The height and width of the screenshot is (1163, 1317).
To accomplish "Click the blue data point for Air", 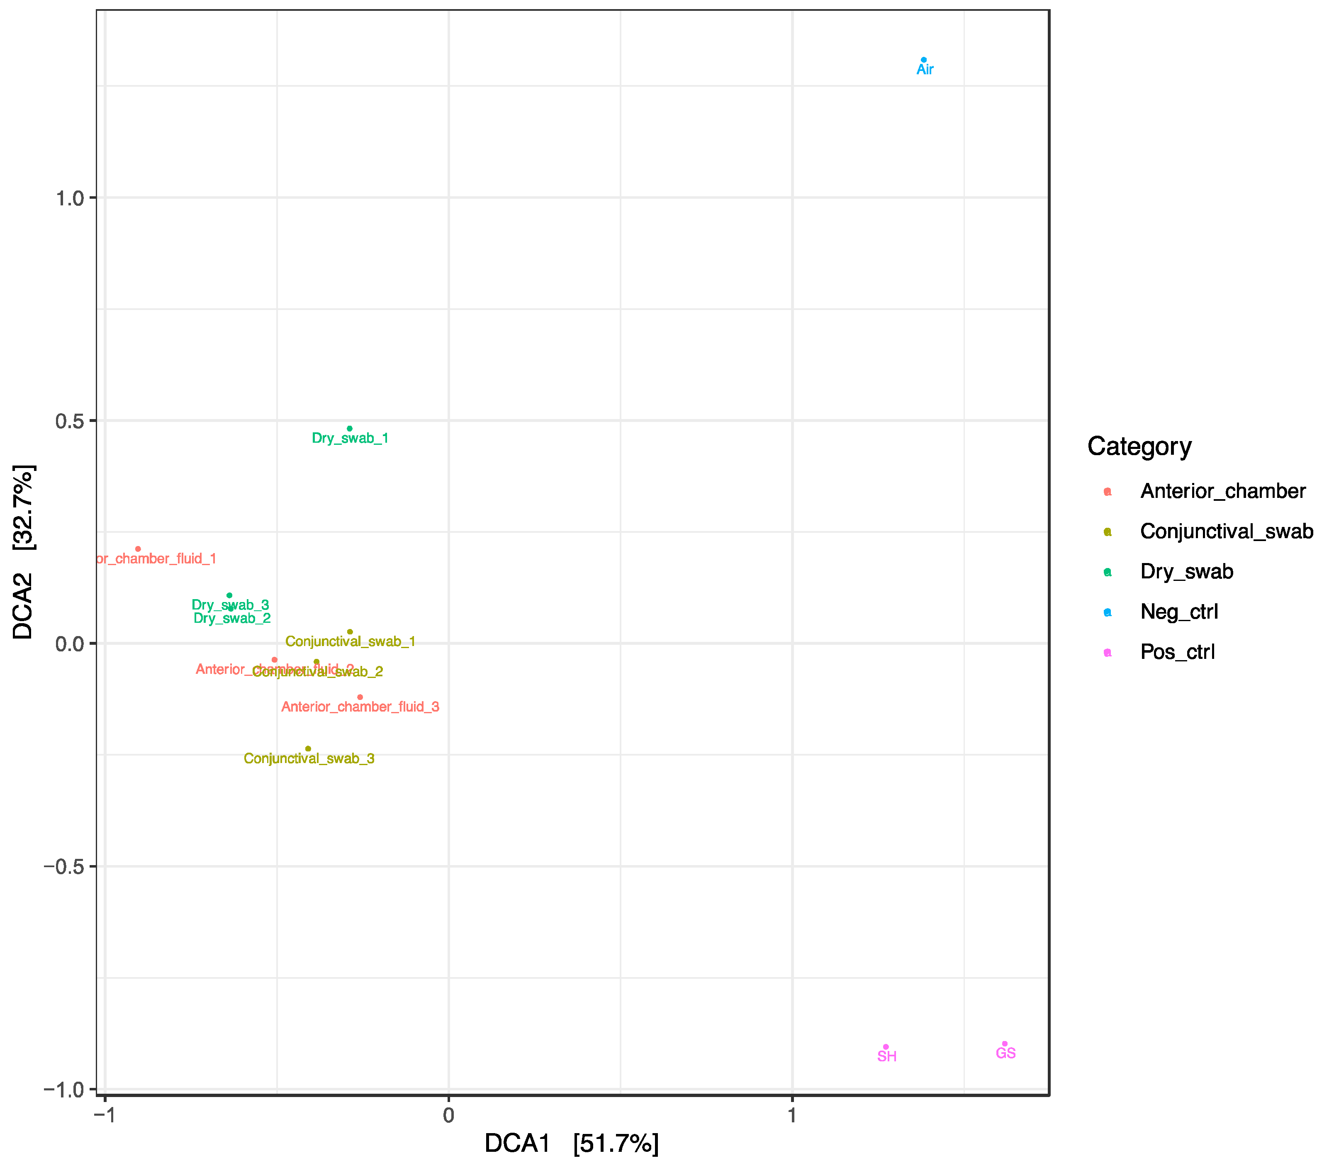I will pyautogui.click(x=923, y=60).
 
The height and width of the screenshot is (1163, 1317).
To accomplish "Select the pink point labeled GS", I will pyautogui.click(x=1005, y=1044).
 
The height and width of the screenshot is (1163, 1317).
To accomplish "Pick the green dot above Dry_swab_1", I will pyautogui.click(x=349, y=429).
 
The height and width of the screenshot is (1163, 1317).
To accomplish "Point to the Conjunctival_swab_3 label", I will pyautogui.click(x=309, y=759).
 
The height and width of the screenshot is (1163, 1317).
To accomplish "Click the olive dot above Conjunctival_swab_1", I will pyautogui.click(x=350, y=632).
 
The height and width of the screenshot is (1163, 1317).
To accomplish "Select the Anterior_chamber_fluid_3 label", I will pyautogui.click(x=360, y=707).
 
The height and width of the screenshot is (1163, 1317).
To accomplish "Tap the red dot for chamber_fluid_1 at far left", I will pyautogui.click(x=138, y=549).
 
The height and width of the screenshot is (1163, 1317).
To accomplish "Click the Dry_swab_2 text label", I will pyautogui.click(x=232, y=619).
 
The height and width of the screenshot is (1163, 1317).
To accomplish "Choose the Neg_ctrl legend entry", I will pyautogui.click(x=1178, y=612).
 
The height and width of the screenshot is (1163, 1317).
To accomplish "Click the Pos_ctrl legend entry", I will pyautogui.click(x=1177, y=652).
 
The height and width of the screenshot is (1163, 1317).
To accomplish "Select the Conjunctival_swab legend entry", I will pyautogui.click(x=1225, y=532).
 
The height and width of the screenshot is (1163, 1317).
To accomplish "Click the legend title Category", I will pyautogui.click(x=1139, y=446).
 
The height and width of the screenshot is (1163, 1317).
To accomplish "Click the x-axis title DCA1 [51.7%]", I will pyautogui.click(x=572, y=1143).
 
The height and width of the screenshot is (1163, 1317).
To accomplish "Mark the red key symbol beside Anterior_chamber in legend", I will pyautogui.click(x=1108, y=492).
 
